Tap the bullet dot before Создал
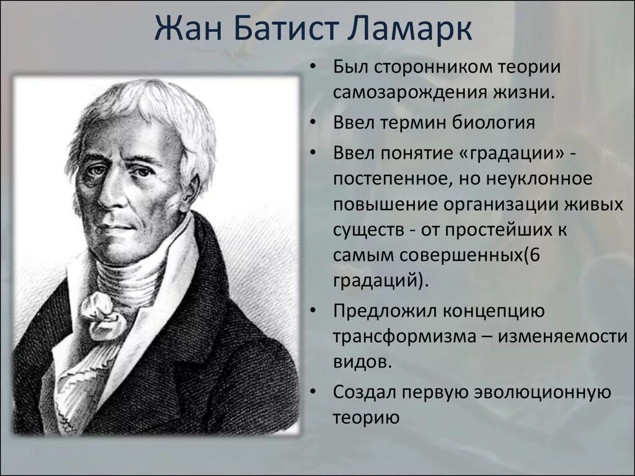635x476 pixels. click(315, 393)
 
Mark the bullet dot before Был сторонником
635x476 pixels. click(315, 66)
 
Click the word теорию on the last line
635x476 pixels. click(364, 417)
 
